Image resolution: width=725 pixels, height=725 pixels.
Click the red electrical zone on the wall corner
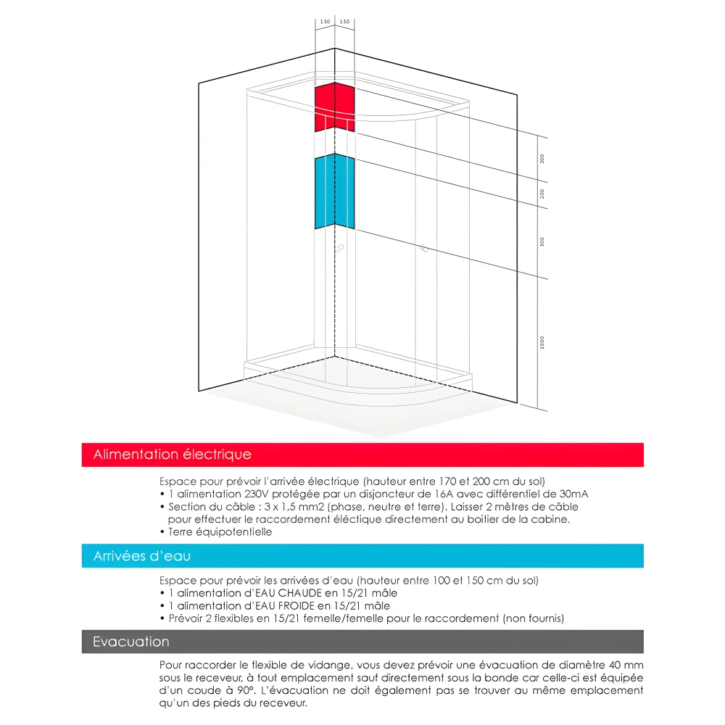tap(334, 107)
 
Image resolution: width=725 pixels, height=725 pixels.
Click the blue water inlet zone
tap(334, 191)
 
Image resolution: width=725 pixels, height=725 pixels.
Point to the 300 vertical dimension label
tap(542, 159)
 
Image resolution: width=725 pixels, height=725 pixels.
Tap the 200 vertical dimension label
tap(542, 194)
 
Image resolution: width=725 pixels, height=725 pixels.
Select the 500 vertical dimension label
tap(542, 242)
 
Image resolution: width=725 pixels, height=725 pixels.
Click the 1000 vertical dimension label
tap(542, 342)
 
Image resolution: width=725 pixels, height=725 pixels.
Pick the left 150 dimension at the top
tap(325, 22)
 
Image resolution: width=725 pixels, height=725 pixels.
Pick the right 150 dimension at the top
tap(344, 22)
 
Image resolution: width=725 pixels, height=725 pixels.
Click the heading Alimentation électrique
tap(173, 455)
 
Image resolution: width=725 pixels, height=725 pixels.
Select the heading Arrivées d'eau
tap(142, 557)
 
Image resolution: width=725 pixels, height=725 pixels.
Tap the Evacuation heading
tap(131, 642)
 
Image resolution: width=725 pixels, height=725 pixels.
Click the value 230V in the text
tap(252, 494)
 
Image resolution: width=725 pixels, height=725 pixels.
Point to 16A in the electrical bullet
tap(450, 494)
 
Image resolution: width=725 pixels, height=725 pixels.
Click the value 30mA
tap(573, 494)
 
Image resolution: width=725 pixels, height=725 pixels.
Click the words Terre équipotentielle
tap(220, 531)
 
